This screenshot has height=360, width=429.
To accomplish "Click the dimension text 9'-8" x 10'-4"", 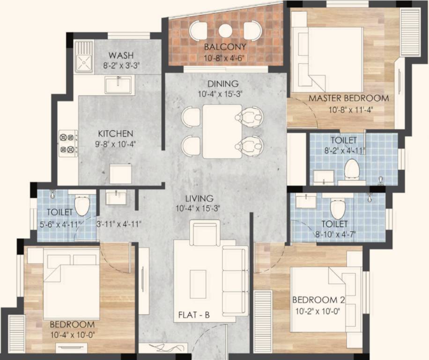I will point(116,144).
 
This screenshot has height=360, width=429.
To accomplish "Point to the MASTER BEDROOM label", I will point(348,98).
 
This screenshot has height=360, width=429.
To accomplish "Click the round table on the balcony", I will point(225,30).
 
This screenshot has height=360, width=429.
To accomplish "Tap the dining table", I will point(222,131).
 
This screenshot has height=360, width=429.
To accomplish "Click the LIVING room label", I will point(199,198).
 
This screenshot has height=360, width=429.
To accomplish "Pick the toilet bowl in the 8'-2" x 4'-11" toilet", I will point(351,169).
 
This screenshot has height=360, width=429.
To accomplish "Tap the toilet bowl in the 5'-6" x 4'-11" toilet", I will point(82,205).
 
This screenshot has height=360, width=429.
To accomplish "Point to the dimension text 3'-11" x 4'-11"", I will point(119,224).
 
